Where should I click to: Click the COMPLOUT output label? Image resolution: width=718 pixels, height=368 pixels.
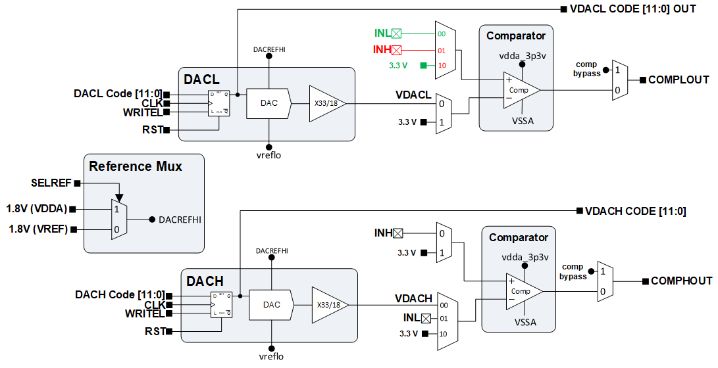679,80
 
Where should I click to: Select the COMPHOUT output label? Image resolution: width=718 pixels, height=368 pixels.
681,281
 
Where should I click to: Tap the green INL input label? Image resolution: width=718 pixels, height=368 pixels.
382,33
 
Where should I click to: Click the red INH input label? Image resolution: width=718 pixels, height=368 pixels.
382,49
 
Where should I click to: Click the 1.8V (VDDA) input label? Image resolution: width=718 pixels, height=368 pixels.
37,209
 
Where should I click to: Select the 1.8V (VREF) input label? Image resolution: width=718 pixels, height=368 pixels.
37,229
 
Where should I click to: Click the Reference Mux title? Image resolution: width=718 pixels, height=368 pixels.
136,166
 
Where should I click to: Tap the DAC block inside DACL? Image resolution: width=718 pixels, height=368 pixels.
269,103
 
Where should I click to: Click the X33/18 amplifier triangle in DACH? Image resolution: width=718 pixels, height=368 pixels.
327,305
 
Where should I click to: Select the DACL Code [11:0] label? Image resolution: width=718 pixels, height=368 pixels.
118,94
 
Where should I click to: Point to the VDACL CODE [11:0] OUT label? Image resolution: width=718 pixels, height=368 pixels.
632,9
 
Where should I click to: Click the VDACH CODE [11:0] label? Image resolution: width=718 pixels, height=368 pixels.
636,211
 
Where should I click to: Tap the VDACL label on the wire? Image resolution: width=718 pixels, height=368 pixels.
413,95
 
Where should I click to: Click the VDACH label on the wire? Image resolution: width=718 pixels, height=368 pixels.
413,298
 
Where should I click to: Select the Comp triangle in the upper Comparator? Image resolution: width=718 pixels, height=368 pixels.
520,90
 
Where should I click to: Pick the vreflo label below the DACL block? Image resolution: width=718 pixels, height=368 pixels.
269,155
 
